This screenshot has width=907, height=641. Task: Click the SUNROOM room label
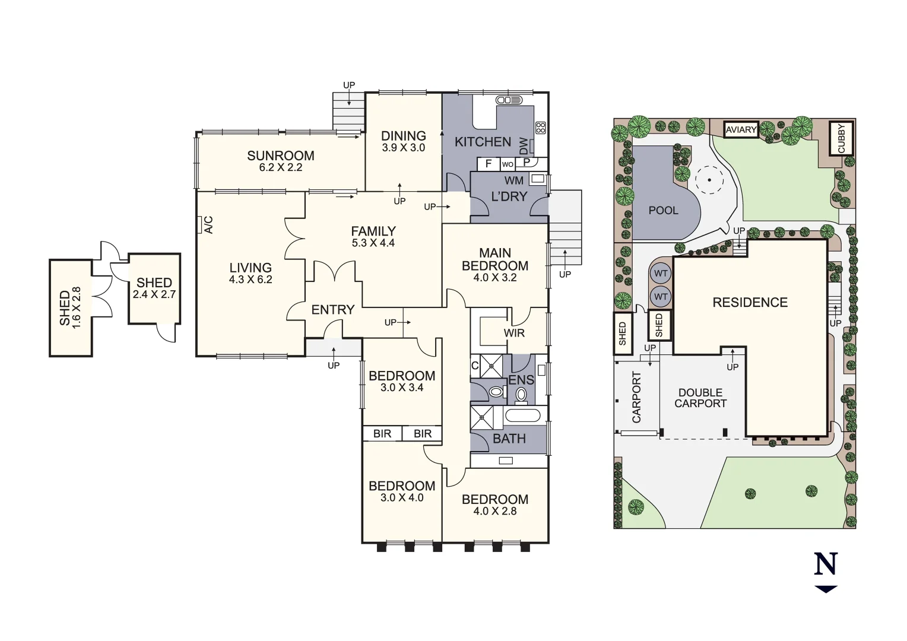tap(280, 156)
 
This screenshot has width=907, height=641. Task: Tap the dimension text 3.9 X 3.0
tap(403, 148)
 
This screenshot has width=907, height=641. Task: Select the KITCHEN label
tap(483, 142)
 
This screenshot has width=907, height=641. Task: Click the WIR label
tap(514, 333)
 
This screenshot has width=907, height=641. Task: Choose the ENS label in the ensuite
tap(521, 380)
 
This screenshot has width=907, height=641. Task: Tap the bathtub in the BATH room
tap(522, 415)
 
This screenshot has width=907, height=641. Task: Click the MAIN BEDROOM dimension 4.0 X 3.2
tap(494, 278)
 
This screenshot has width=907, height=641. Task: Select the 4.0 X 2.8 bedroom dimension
tap(494, 511)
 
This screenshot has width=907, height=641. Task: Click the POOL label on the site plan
tap(663, 211)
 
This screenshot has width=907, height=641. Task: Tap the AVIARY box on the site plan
tap(741, 129)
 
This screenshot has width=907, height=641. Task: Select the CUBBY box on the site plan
tap(841, 138)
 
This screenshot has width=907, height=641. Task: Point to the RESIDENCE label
tap(750, 303)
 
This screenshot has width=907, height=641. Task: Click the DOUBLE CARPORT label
tap(700, 398)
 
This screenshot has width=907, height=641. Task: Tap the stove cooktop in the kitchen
tap(540, 128)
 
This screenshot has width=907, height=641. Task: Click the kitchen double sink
tap(509, 100)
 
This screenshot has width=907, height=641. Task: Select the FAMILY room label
tap(373, 231)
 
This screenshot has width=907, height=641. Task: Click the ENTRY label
tap(332, 310)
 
